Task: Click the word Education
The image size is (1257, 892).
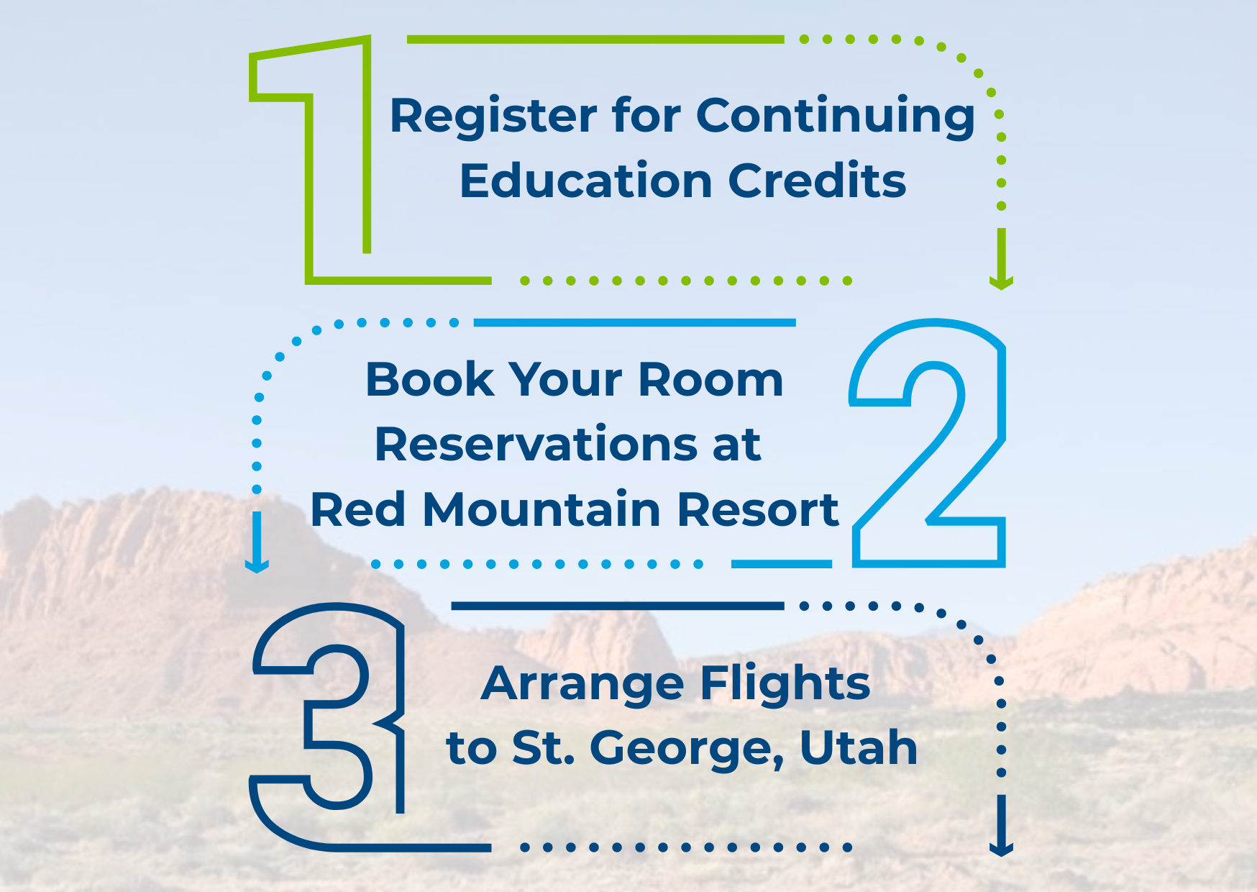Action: pyautogui.click(x=585, y=180)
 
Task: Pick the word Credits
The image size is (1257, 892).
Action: pyautogui.click(x=818, y=180)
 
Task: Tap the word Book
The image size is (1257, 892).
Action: pyautogui.click(x=430, y=379)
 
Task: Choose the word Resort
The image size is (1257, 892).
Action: pyautogui.click(x=758, y=509)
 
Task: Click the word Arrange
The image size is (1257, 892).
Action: pyautogui.click(x=583, y=684)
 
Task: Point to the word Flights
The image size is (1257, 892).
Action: pyautogui.click(x=785, y=683)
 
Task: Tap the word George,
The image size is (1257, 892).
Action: pyautogui.click(x=687, y=749)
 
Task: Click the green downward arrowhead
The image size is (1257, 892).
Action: pyautogui.click(x=1001, y=282)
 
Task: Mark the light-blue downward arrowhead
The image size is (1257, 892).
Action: pyautogui.click(x=257, y=565)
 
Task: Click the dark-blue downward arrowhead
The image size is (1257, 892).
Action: pyautogui.click(x=1001, y=849)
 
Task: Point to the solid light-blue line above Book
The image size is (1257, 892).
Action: pyautogui.click(x=634, y=323)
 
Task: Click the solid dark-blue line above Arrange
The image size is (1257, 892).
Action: pyautogui.click(x=617, y=606)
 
